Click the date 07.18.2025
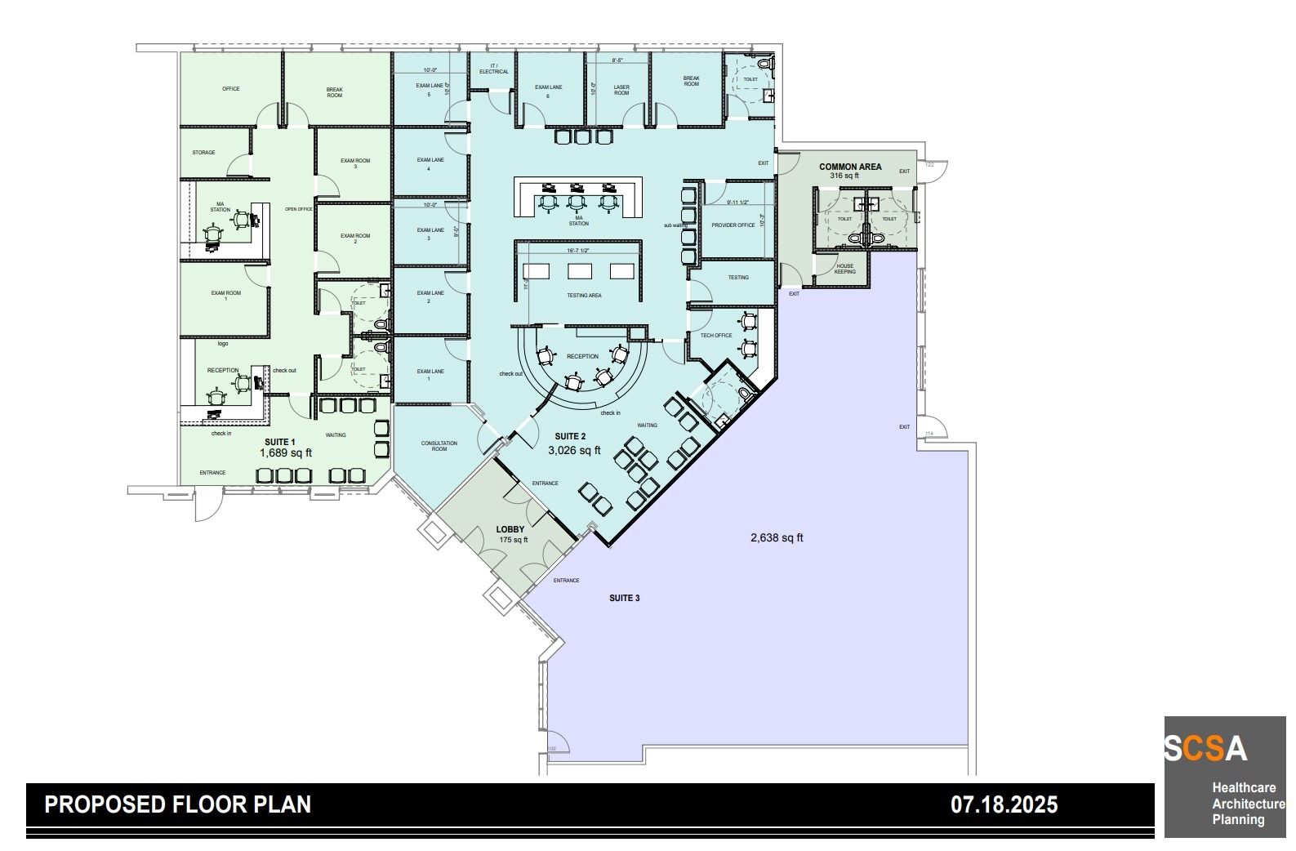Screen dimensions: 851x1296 pos(1004,805)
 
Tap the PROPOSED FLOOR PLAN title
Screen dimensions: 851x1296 pos(177,805)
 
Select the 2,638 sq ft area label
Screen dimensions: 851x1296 pos(777,537)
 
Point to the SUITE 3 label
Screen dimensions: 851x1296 pos(625,599)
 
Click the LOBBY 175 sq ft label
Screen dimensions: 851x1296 pos(511,534)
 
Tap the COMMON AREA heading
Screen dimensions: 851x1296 pos(850,167)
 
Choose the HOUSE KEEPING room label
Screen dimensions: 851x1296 pos(844,269)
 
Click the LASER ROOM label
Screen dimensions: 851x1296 pos(621,90)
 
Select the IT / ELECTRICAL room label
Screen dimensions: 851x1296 pos(493,69)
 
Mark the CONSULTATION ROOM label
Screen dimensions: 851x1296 pos(439,446)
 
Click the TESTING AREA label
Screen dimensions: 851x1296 pos(583,295)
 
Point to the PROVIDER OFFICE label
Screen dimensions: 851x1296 pos(733,225)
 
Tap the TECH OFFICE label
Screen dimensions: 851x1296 pos(716,336)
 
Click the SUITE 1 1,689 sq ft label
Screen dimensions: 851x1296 pos(286,447)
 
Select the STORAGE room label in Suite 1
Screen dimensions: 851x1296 pos(204,153)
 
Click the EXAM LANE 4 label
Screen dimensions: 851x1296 pos(430,164)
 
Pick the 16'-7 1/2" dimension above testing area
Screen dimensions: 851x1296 pos(578,251)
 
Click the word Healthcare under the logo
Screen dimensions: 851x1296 pos(1243,788)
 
